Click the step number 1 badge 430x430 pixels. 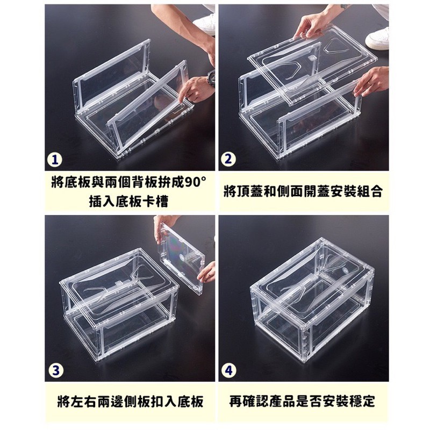[x=55, y=160]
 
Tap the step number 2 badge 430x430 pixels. [x=229, y=160]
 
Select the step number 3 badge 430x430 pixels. [x=56, y=370]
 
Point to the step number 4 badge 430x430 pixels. [x=229, y=370]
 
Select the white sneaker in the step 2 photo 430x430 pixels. [x=377, y=38]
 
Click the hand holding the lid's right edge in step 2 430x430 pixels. [x=371, y=82]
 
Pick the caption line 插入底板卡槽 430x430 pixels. [x=128, y=202]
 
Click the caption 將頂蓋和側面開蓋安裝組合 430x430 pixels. [x=303, y=192]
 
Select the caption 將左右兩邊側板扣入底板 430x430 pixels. [x=130, y=402]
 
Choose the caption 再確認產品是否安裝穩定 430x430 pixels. [x=302, y=402]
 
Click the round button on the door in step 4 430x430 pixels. [x=345, y=270]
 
